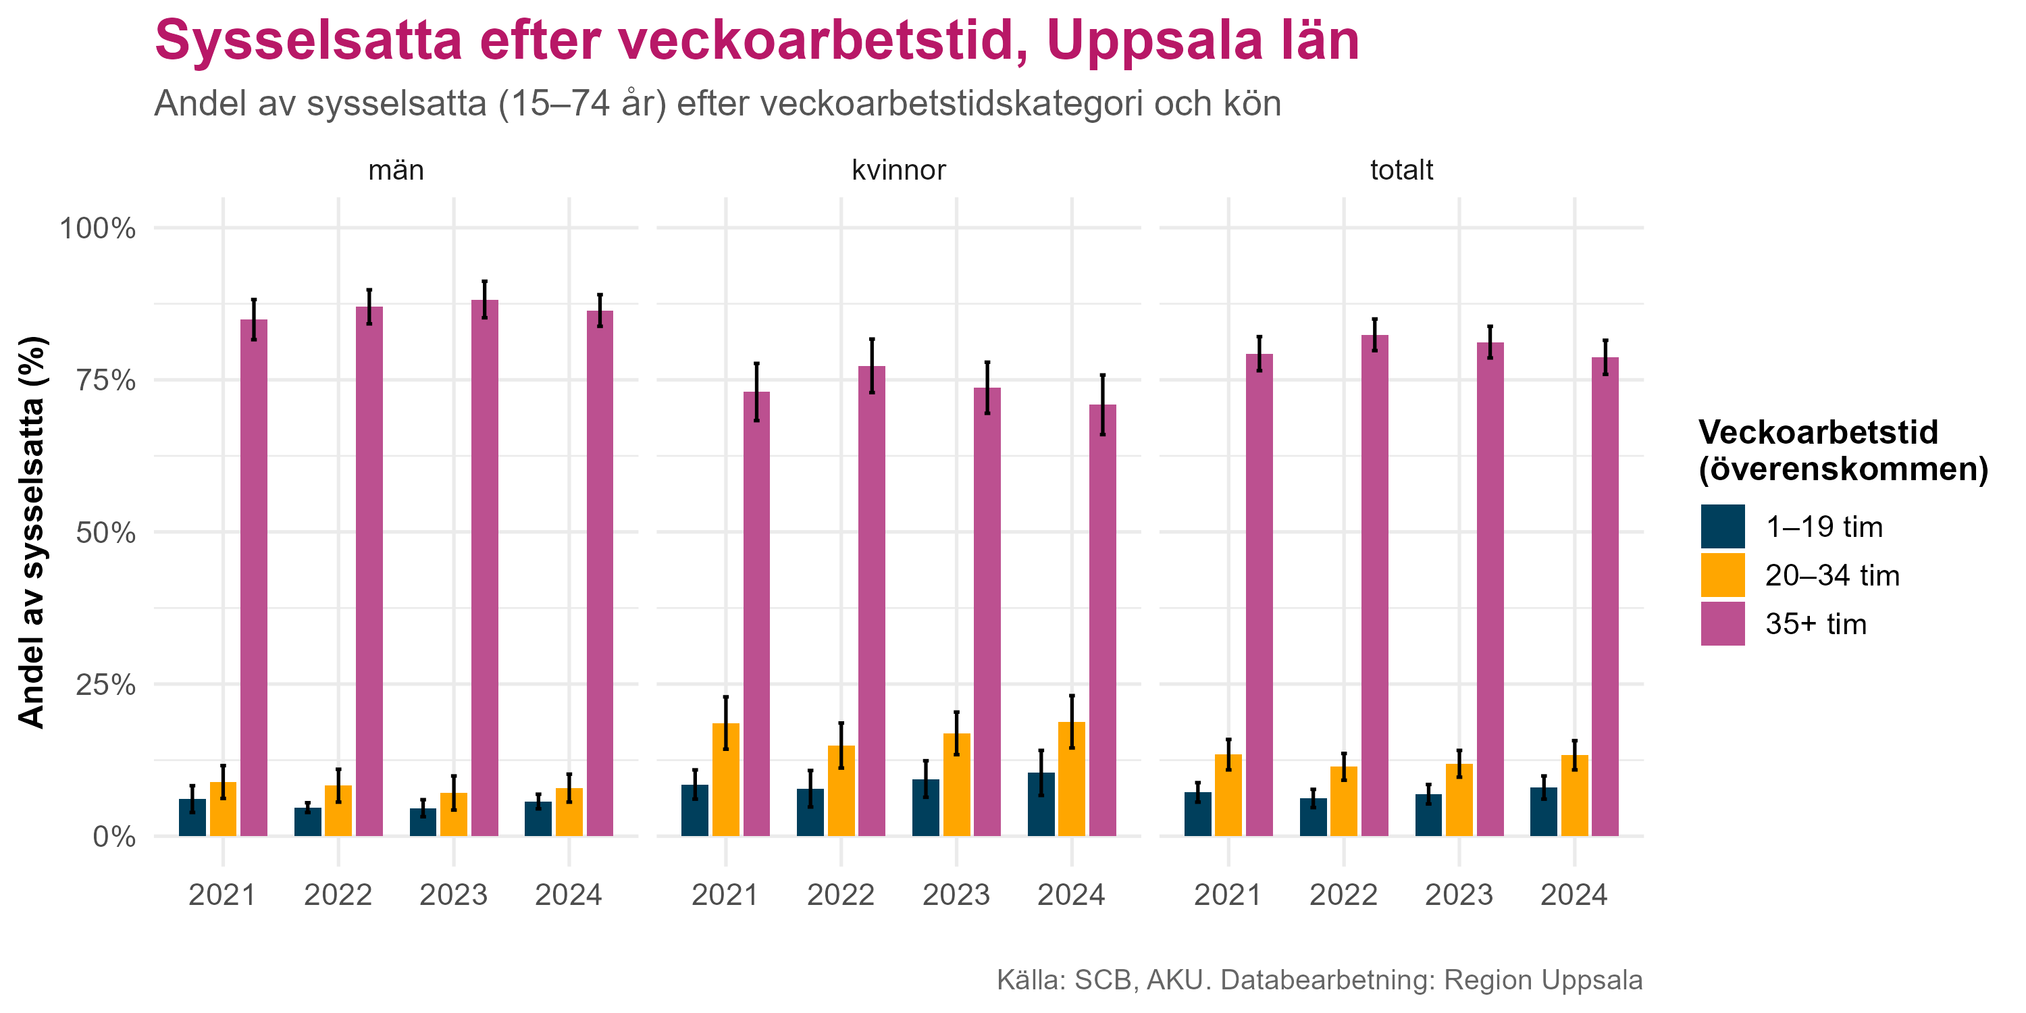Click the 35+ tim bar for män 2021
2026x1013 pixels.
tap(253, 577)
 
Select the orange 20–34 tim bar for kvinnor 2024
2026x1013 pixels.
tap(1071, 779)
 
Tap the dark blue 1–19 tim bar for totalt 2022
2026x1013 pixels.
tap(1313, 817)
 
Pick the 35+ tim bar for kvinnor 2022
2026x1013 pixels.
tap(871, 601)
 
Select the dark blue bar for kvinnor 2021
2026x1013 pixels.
tap(694, 810)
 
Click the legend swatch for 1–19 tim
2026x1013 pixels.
tap(1722, 526)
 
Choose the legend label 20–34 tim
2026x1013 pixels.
tap(1832, 575)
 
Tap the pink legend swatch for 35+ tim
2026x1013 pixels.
tap(1722, 624)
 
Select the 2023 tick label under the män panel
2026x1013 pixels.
tap(453, 895)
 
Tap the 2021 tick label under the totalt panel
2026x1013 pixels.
tap(1227, 895)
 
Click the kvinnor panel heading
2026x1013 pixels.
tap(898, 170)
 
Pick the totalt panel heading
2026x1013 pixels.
tap(1401, 170)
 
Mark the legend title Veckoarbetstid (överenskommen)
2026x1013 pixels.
tap(1843, 450)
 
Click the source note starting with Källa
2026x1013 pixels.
tap(1319, 980)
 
